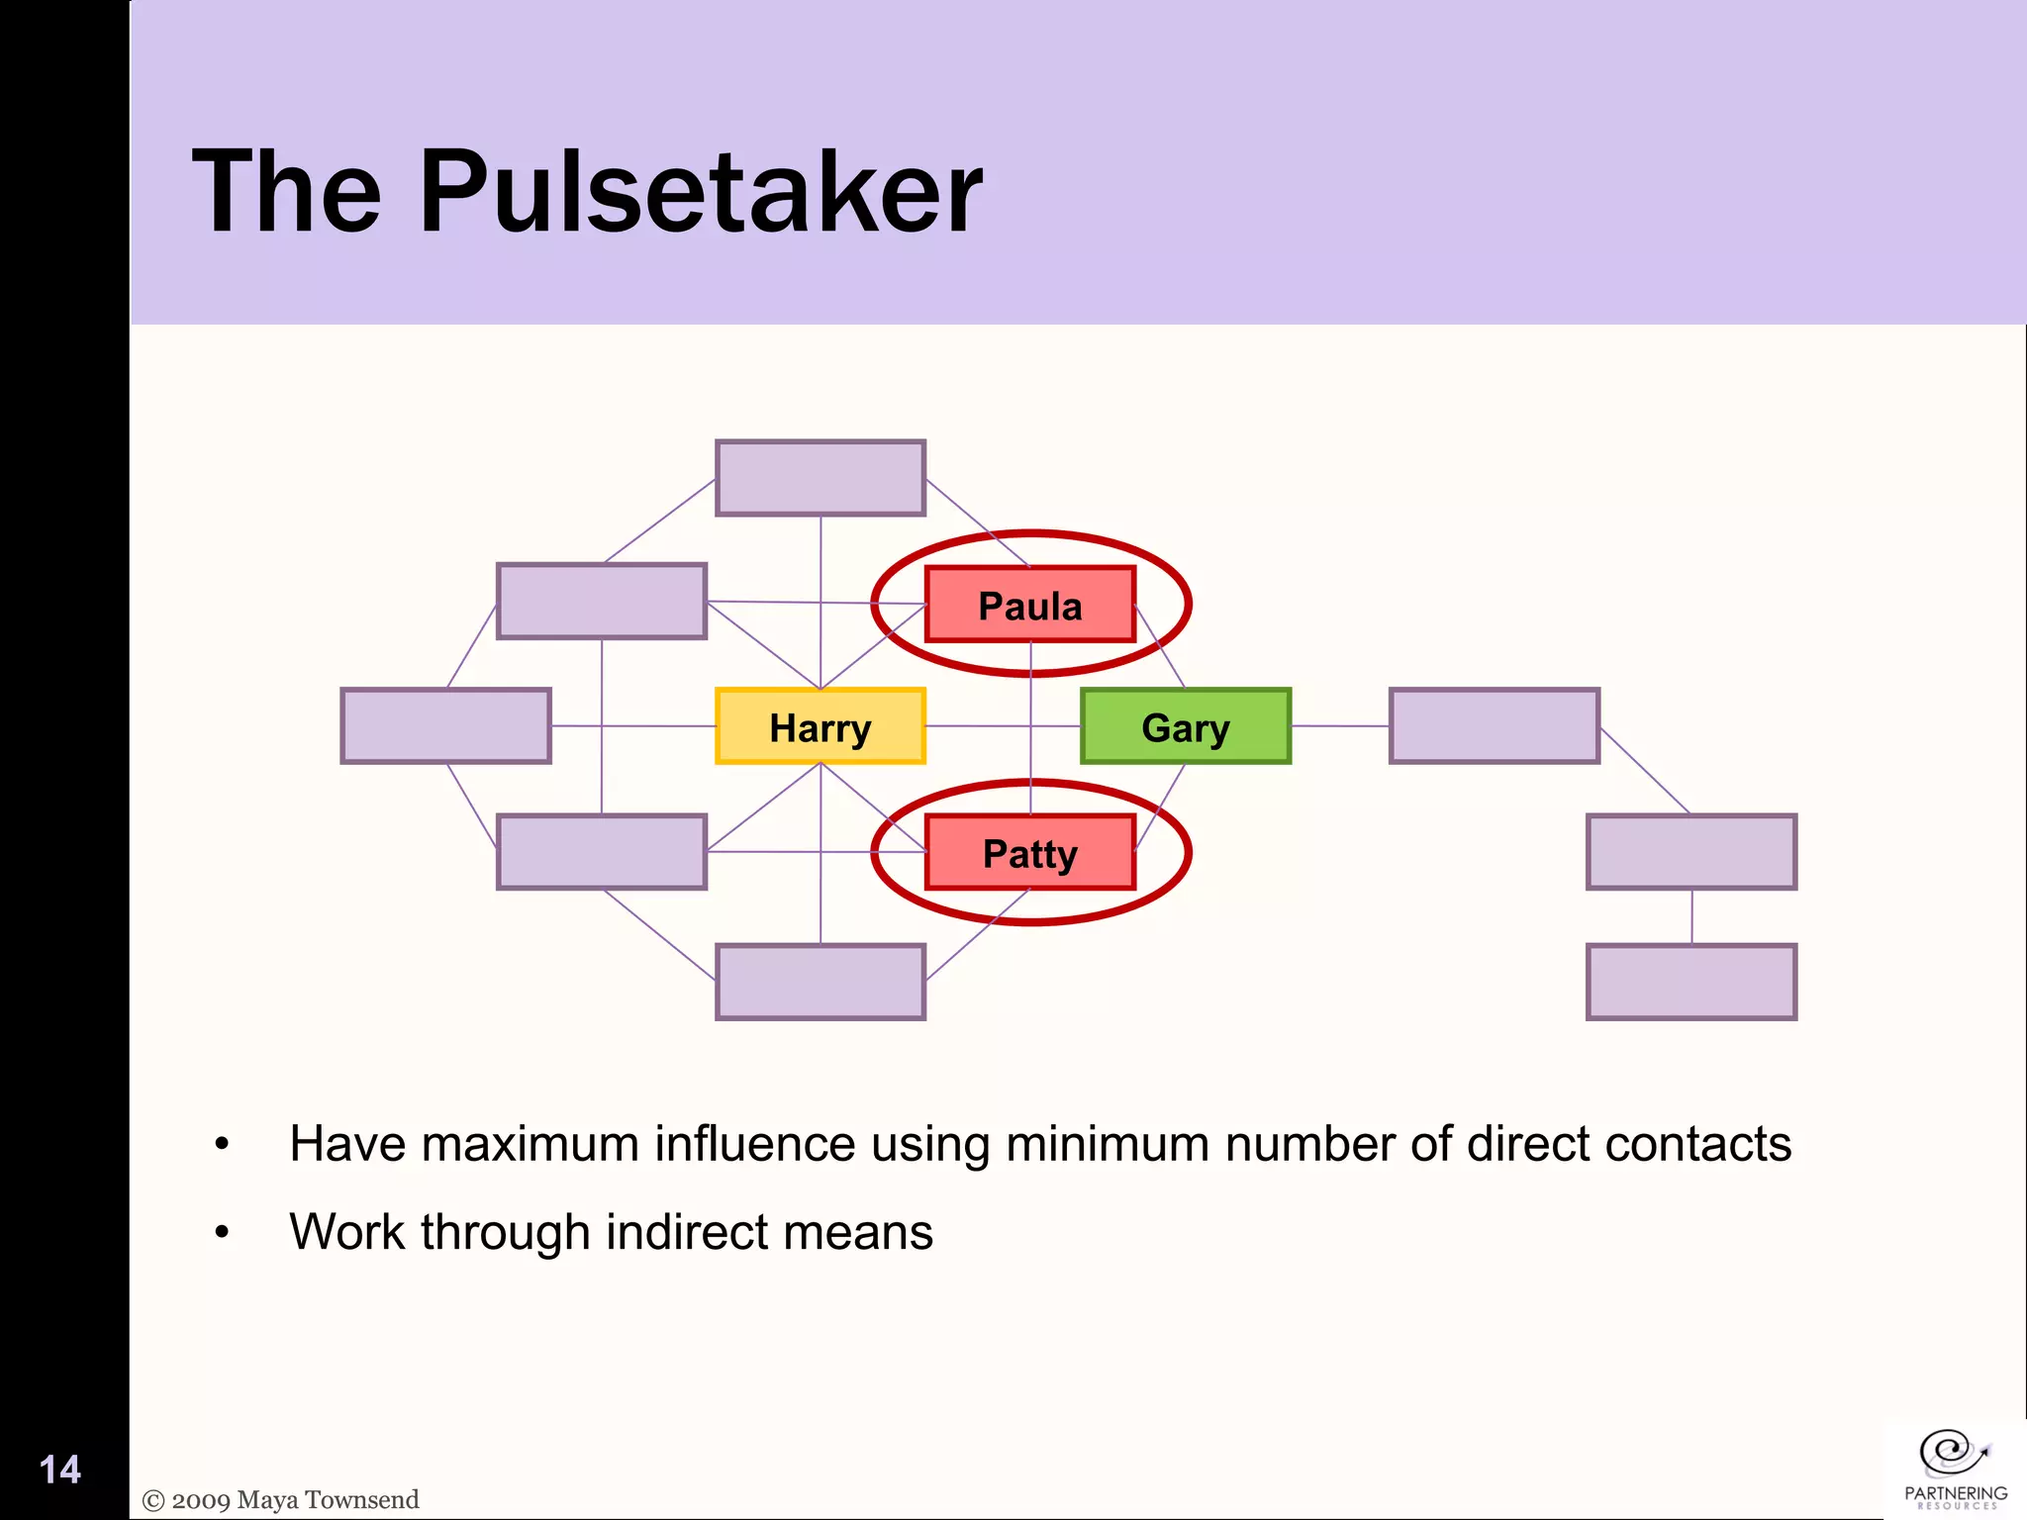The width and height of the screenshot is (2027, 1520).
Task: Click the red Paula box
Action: (1029, 605)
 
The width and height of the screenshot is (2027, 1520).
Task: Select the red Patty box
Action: (1029, 852)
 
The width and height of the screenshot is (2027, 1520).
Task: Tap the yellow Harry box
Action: (820, 726)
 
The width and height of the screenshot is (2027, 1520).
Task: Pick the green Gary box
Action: (1185, 726)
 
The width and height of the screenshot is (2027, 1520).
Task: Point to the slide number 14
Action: (59, 1470)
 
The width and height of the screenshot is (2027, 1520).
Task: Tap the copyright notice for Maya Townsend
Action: (281, 1500)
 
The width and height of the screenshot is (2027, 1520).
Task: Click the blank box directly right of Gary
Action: (1494, 726)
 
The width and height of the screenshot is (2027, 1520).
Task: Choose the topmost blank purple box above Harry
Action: (820, 478)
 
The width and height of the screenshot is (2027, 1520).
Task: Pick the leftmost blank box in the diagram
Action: (445, 726)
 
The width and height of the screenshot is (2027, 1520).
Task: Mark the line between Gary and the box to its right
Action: (1340, 726)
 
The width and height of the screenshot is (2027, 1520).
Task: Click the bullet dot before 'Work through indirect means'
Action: (222, 1233)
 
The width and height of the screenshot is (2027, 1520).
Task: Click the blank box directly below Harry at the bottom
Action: (820, 982)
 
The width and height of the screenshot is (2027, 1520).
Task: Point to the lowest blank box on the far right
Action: (1690, 982)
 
